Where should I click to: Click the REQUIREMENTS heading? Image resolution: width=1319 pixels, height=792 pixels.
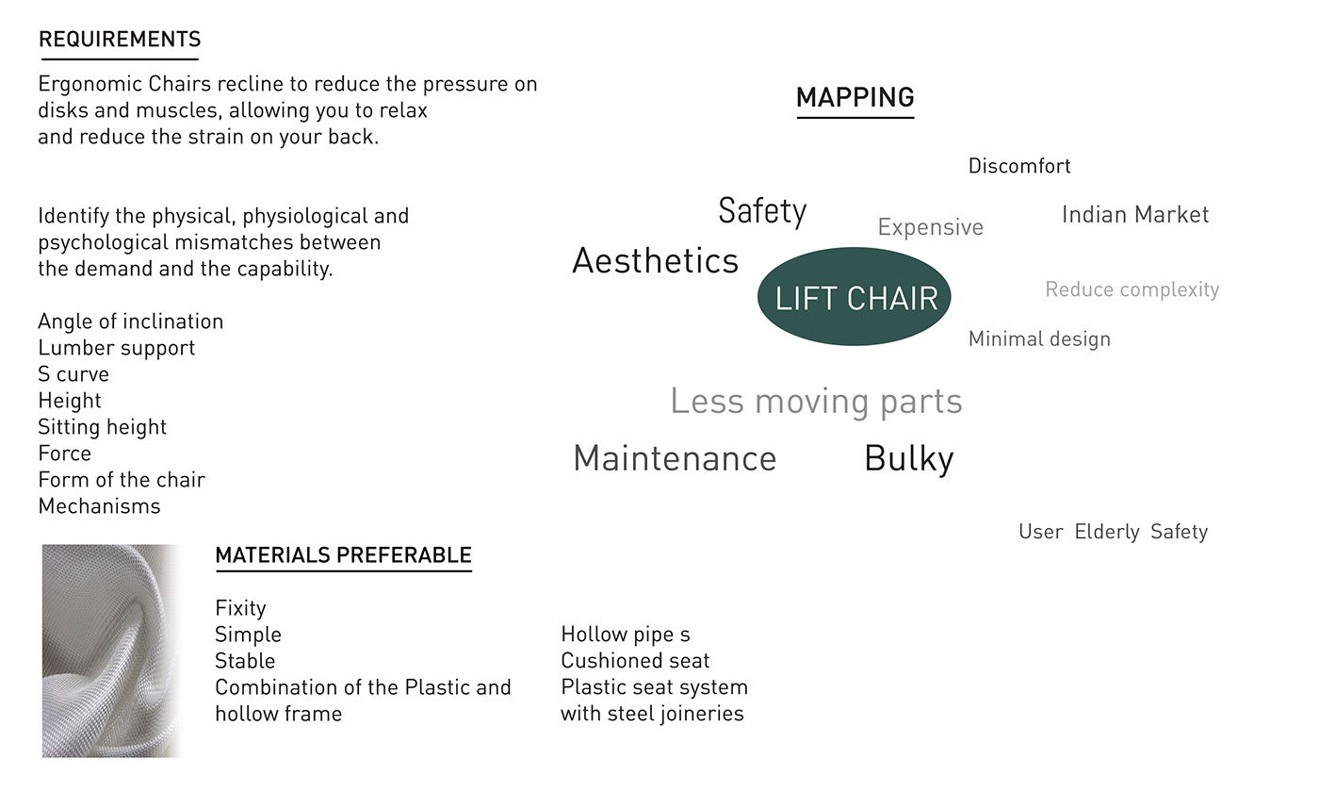click(120, 40)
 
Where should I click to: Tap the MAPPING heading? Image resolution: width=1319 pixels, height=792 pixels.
click(855, 97)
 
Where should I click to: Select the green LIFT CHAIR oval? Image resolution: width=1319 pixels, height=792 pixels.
click(855, 297)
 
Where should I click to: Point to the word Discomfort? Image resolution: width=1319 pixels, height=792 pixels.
click(1019, 167)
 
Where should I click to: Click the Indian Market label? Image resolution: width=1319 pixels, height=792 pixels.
click(1134, 215)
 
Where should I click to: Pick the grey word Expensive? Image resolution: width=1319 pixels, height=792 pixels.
click(930, 227)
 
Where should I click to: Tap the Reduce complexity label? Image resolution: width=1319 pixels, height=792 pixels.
click(1132, 289)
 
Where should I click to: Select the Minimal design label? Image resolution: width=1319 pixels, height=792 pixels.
click(1039, 339)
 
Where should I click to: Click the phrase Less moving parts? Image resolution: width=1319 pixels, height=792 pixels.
click(816, 402)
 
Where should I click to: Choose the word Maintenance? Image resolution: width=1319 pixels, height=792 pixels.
click(675, 459)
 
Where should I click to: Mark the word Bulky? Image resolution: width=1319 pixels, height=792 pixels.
click(908, 459)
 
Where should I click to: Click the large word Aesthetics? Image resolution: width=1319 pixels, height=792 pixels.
click(655, 261)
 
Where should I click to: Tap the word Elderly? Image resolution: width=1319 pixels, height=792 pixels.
click(1107, 532)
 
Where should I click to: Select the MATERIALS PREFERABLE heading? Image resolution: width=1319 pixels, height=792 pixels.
click(343, 555)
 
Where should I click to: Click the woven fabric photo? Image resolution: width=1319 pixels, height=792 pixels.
click(111, 651)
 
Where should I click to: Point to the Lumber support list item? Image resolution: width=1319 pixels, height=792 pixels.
click(117, 348)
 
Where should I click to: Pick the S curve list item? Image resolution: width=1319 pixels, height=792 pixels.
click(73, 374)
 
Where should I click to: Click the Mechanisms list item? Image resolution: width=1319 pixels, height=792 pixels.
click(99, 506)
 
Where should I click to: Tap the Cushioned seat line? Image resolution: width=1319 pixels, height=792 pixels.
click(635, 661)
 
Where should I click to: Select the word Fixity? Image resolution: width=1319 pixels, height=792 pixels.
click(240, 608)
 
